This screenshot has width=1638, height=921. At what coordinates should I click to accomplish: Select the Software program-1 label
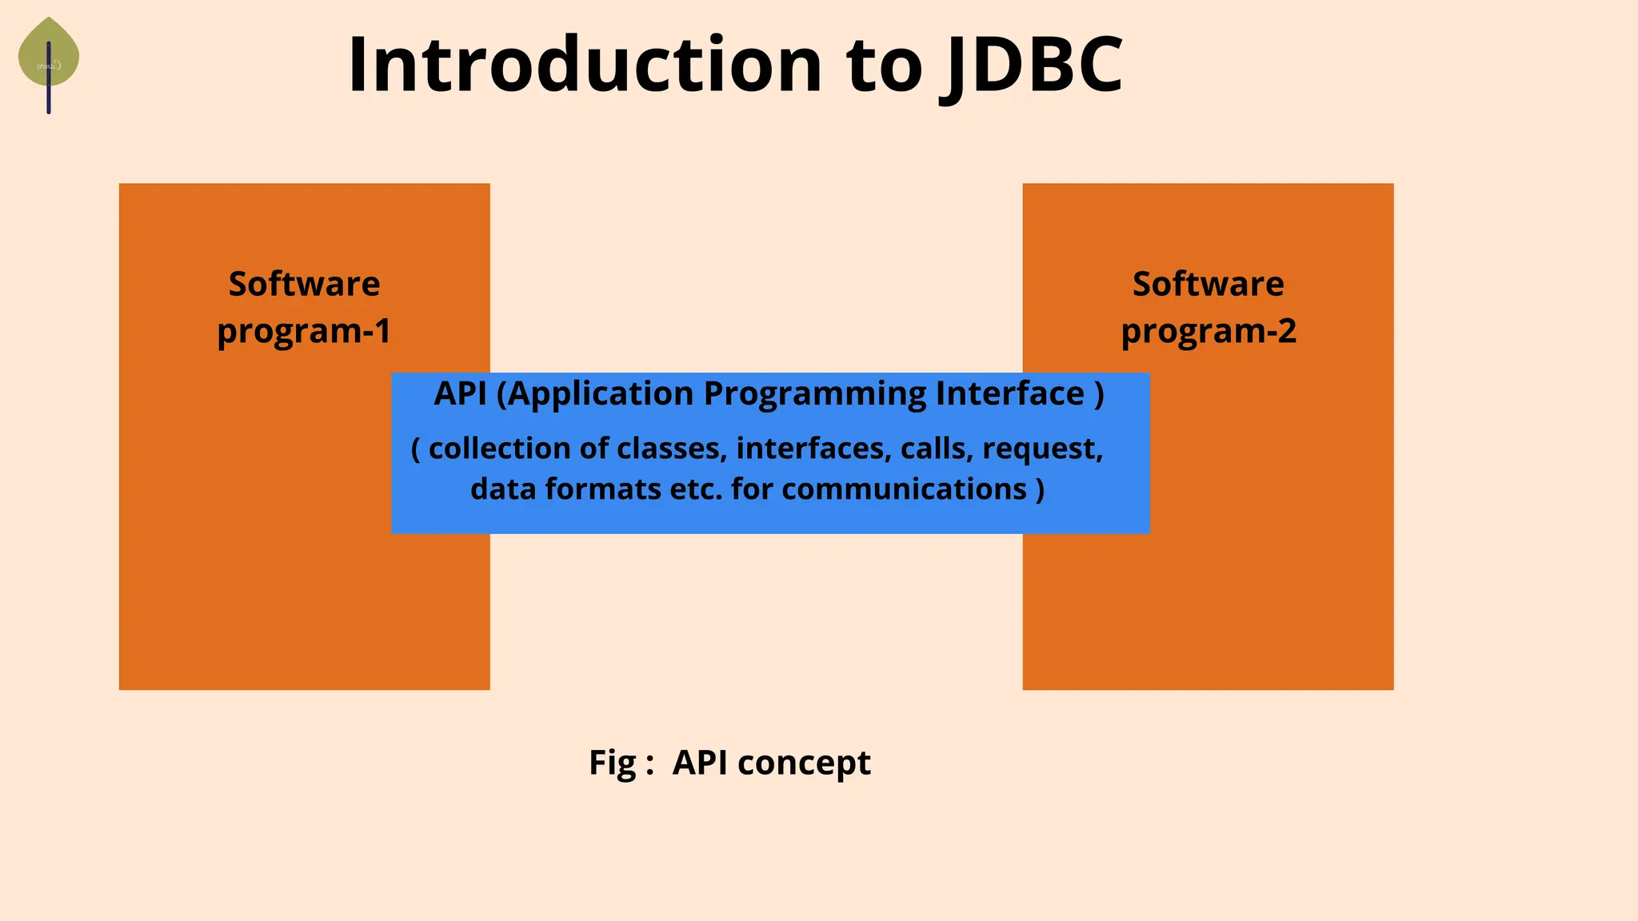(x=304, y=307)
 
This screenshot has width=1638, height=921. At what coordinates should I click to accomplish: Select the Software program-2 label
(x=1208, y=307)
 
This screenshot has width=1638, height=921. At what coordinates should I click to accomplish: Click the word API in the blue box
(x=460, y=393)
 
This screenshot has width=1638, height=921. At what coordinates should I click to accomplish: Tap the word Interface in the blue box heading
(x=1009, y=393)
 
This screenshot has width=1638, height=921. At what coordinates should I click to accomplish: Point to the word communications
(x=904, y=489)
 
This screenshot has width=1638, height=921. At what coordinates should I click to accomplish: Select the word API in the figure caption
(x=700, y=762)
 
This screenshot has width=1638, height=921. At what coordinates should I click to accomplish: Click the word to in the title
(x=884, y=66)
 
